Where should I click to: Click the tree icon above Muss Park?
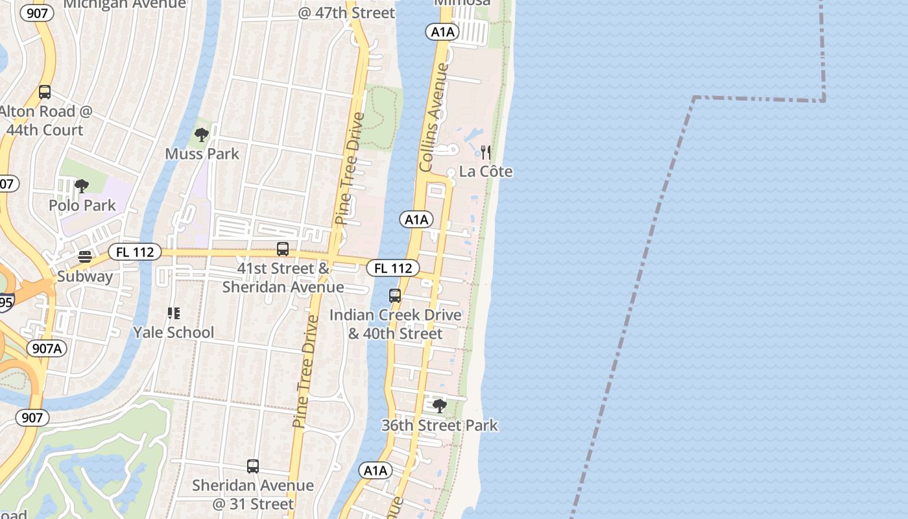pyautogui.click(x=201, y=135)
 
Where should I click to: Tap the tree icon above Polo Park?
pyautogui.click(x=82, y=187)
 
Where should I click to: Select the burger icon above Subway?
pyautogui.click(x=85, y=257)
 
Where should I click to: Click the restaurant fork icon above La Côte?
pyautogui.click(x=485, y=153)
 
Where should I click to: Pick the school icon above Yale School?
pyautogui.click(x=173, y=314)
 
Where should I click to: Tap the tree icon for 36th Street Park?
pyautogui.click(x=439, y=406)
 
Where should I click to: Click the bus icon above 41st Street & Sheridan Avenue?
pyautogui.click(x=283, y=248)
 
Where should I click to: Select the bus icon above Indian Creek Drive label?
pyautogui.click(x=395, y=296)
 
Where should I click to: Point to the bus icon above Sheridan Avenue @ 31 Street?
pyautogui.click(x=253, y=466)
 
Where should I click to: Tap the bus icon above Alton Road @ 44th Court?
pyautogui.click(x=45, y=92)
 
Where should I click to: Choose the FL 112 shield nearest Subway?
pyautogui.click(x=134, y=252)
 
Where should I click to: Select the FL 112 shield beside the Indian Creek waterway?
pyautogui.click(x=393, y=268)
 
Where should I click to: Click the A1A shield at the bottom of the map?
pyautogui.click(x=376, y=470)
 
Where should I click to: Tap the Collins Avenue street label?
pyautogui.click(x=434, y=117)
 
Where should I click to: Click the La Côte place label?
pyautogui.click(x=486, y=172)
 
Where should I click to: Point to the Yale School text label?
pyautogui.click(x=173, y=333)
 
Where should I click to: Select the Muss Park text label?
pyautogui.click(x=202, y=154)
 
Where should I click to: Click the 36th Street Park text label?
pyautogui.click(x=440, y=426)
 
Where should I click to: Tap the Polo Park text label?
pyautogui.click(x=82, y=206)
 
